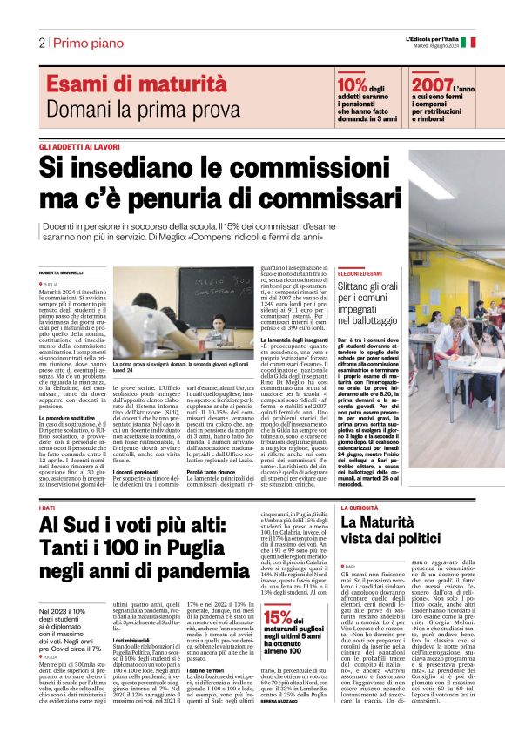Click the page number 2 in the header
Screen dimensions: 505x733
click(x=41, y=43)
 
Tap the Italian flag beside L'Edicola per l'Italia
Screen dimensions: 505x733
click(x=462, y=41)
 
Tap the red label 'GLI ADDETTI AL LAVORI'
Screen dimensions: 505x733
click(x=79, y=147)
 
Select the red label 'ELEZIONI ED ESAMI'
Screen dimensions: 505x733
click(x=360, y=273)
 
